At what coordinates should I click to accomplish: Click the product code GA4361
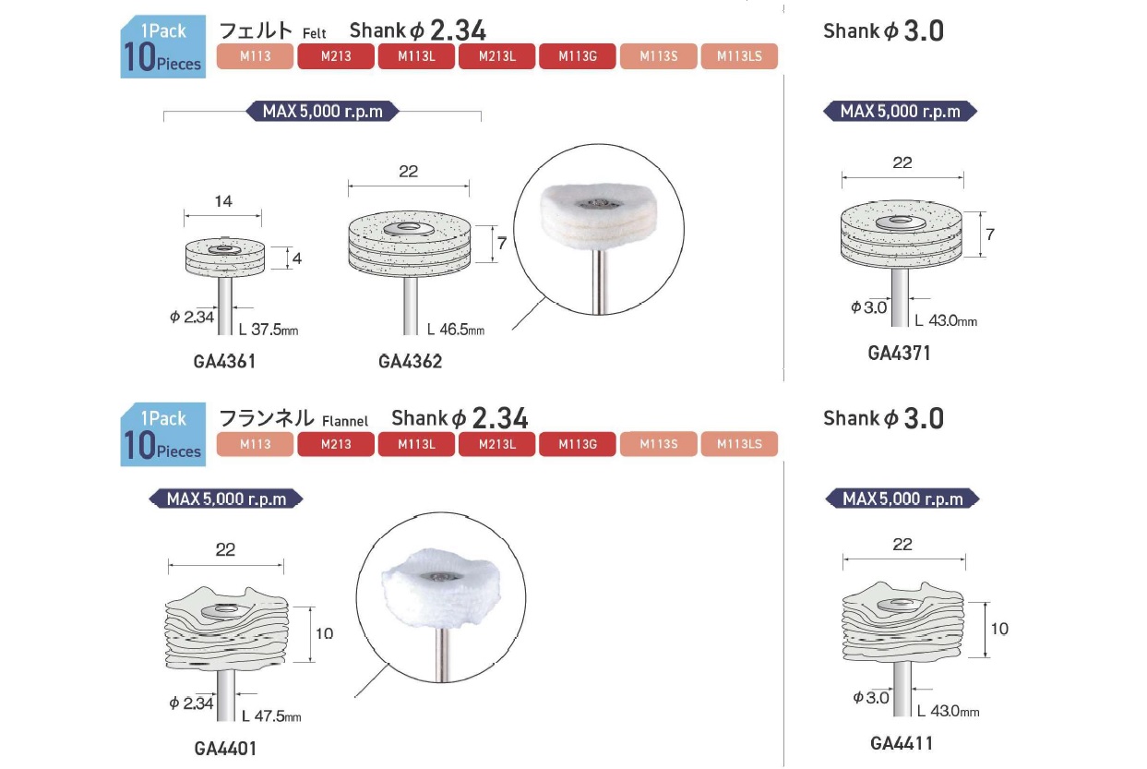point(224,362)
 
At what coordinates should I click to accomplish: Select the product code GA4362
point(410,362)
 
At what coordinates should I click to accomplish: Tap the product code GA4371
point(899,353)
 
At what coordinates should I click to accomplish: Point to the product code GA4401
point(225,748)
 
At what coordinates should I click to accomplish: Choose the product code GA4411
point(902,742)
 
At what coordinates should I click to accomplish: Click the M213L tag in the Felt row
point(497,56)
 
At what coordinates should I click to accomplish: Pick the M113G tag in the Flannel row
point(578,444)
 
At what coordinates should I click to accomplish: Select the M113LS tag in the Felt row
point(739,56)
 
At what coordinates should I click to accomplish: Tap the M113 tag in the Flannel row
point(255,444)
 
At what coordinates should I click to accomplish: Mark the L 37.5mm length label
point(269,329)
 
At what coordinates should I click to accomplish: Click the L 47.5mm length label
point(271,715)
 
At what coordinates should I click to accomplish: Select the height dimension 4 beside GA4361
point(298,260)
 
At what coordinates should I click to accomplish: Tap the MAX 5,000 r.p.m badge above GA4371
point(900,112)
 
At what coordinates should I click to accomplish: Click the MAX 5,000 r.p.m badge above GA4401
point(226,499)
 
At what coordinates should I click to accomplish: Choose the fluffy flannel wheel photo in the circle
point(440,599)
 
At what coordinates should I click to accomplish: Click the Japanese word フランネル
point(267,418)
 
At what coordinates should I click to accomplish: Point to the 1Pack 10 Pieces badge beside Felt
point(163,47)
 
